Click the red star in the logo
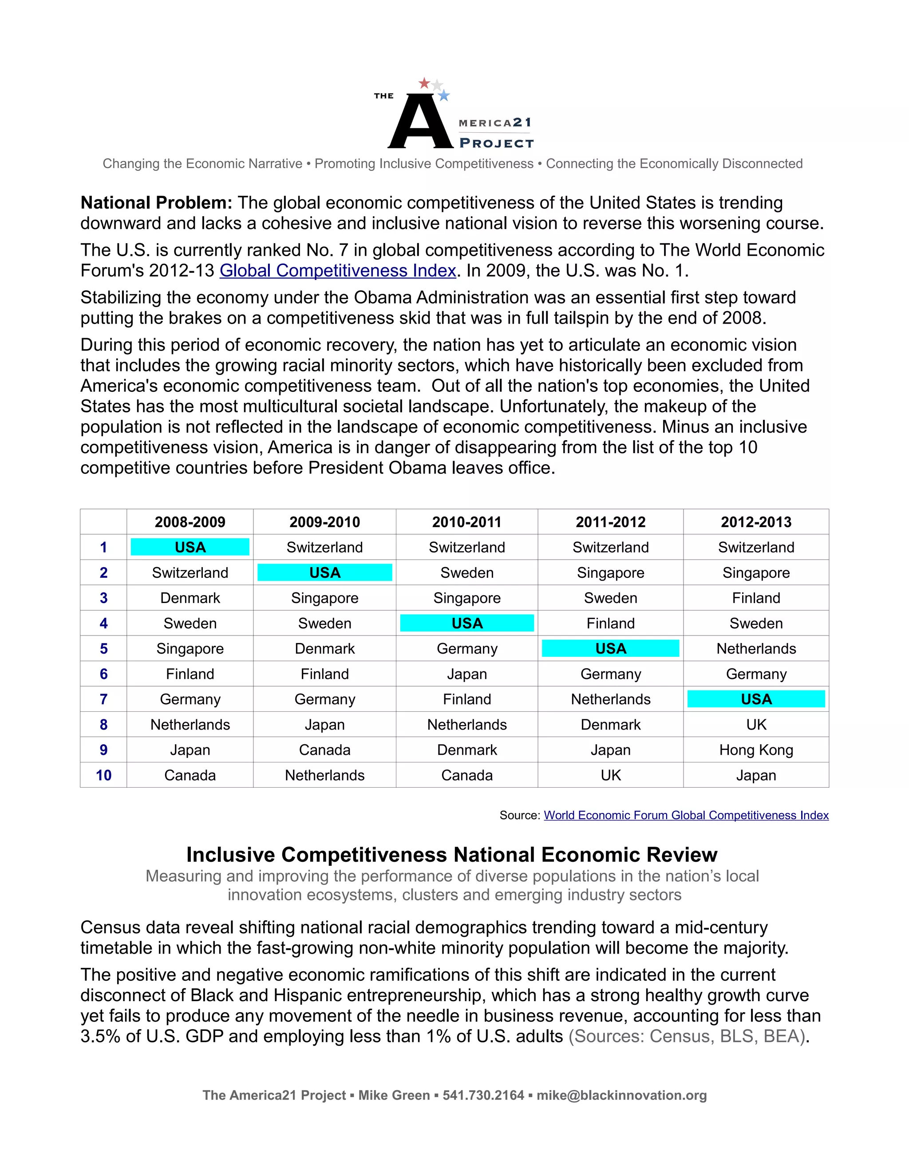424,83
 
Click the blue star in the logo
444,96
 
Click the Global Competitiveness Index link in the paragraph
338,270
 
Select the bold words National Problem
156,203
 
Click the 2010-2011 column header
466,522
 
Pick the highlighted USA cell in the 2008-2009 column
190,547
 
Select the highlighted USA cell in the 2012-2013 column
756,699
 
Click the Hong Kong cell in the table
756,750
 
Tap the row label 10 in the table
103,775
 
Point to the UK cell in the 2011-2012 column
611,775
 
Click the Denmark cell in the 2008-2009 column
190,598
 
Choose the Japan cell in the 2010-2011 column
466,674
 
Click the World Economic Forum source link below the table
686,815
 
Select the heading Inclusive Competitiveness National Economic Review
451,855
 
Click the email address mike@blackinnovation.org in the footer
621,1095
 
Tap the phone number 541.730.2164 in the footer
483,1095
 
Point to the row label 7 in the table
103,699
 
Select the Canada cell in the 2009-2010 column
325,750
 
